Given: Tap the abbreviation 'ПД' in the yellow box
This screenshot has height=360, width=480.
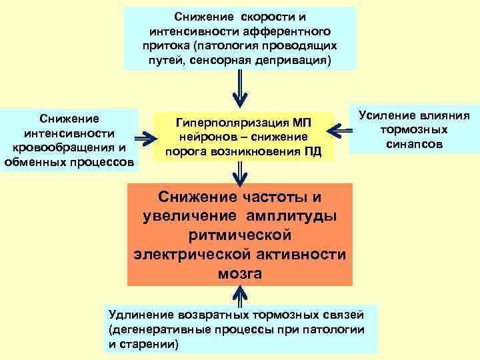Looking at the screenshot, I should (313, 152).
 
